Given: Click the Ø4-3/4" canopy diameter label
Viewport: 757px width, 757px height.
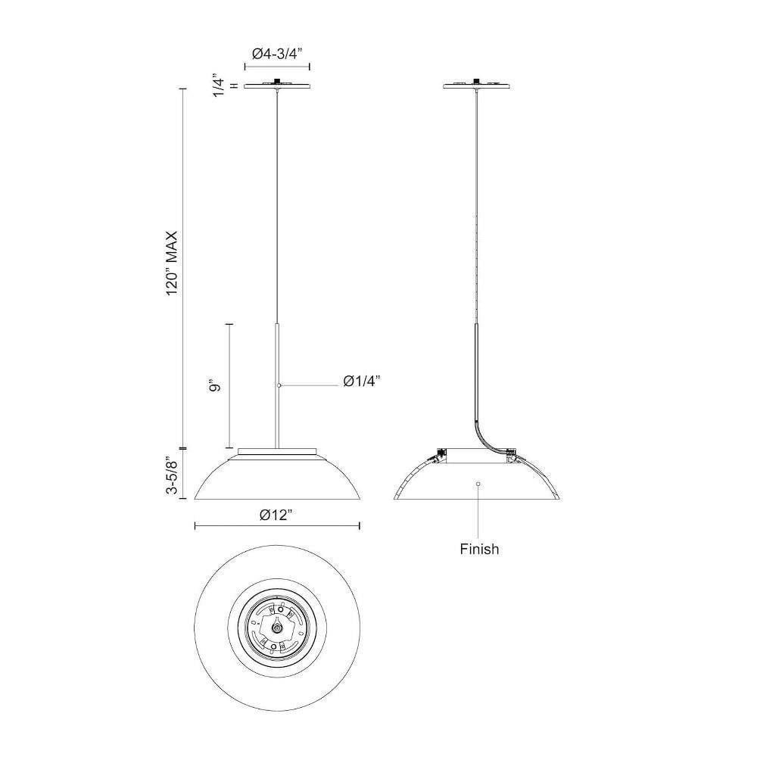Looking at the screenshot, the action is (277, 53).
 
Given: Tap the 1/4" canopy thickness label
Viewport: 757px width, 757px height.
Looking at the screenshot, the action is (220, 87).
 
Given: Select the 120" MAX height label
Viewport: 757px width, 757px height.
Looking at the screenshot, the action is (173, 263).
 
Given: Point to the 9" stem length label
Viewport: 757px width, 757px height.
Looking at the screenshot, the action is (215, 386).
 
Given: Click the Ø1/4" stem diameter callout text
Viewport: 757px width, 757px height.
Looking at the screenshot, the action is (362, 381).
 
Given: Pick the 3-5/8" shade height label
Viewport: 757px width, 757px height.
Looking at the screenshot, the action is (173, 475).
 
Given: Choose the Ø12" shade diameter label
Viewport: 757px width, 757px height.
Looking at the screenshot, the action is (276, 515).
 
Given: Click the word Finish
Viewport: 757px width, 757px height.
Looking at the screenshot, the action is (479, 549).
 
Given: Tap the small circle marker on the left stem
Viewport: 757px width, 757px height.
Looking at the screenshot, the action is (279, 385).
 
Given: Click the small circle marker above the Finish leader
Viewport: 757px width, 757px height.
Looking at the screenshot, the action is (478, 484).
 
